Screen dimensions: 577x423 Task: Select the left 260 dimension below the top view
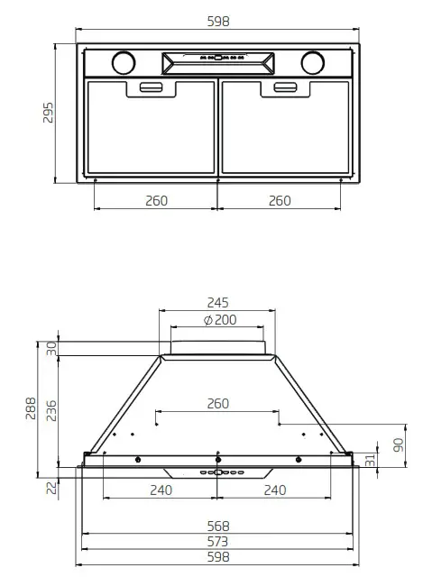coord(156,200)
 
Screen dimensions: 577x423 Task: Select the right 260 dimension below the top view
coord(280,200)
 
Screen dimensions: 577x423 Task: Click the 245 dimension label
coord(217,302)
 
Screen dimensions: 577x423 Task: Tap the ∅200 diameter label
coord(217,320)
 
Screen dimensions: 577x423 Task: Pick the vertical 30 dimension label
coord(51,347)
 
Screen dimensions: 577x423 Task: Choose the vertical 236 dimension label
coord(51,410)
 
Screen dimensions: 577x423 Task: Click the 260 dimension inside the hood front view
coord(217,404)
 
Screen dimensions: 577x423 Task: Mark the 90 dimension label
coord(399,445)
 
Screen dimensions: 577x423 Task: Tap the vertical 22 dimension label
coord(51,488)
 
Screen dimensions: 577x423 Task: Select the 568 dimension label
coord(217,526)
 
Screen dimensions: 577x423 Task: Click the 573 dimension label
coord(217,542)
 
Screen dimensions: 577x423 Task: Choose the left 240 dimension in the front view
coord(160,490)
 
